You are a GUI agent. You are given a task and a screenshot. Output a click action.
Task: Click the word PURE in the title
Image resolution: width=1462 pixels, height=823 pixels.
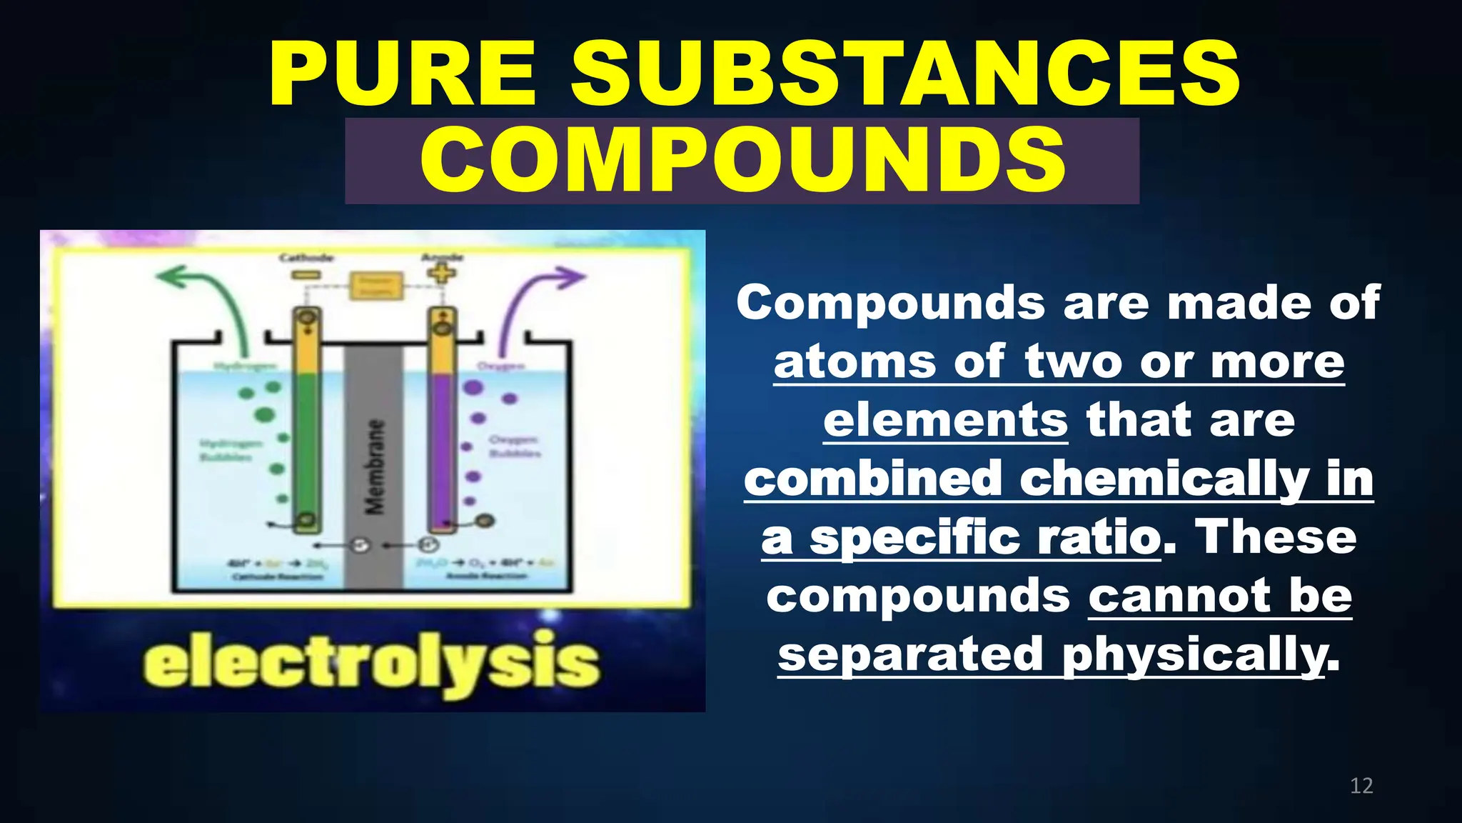[402, 74]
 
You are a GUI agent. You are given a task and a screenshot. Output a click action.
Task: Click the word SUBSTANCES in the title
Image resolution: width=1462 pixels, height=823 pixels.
[905, 74]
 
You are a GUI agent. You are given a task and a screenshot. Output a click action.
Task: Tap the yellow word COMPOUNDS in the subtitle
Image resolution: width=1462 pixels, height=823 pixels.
[742, 160]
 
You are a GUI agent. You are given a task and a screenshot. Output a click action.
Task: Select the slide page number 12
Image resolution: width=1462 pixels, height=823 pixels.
[1361, 786]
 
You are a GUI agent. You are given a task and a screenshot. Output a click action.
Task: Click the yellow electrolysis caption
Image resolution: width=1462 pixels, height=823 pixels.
[371, 663]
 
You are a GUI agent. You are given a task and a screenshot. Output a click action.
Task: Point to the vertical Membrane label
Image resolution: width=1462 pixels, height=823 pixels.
[374, 467]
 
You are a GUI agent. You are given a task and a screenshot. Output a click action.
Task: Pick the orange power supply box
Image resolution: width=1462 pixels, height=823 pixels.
[375, 286]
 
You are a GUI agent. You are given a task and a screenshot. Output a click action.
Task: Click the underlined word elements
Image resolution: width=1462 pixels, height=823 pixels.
[945, 420]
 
